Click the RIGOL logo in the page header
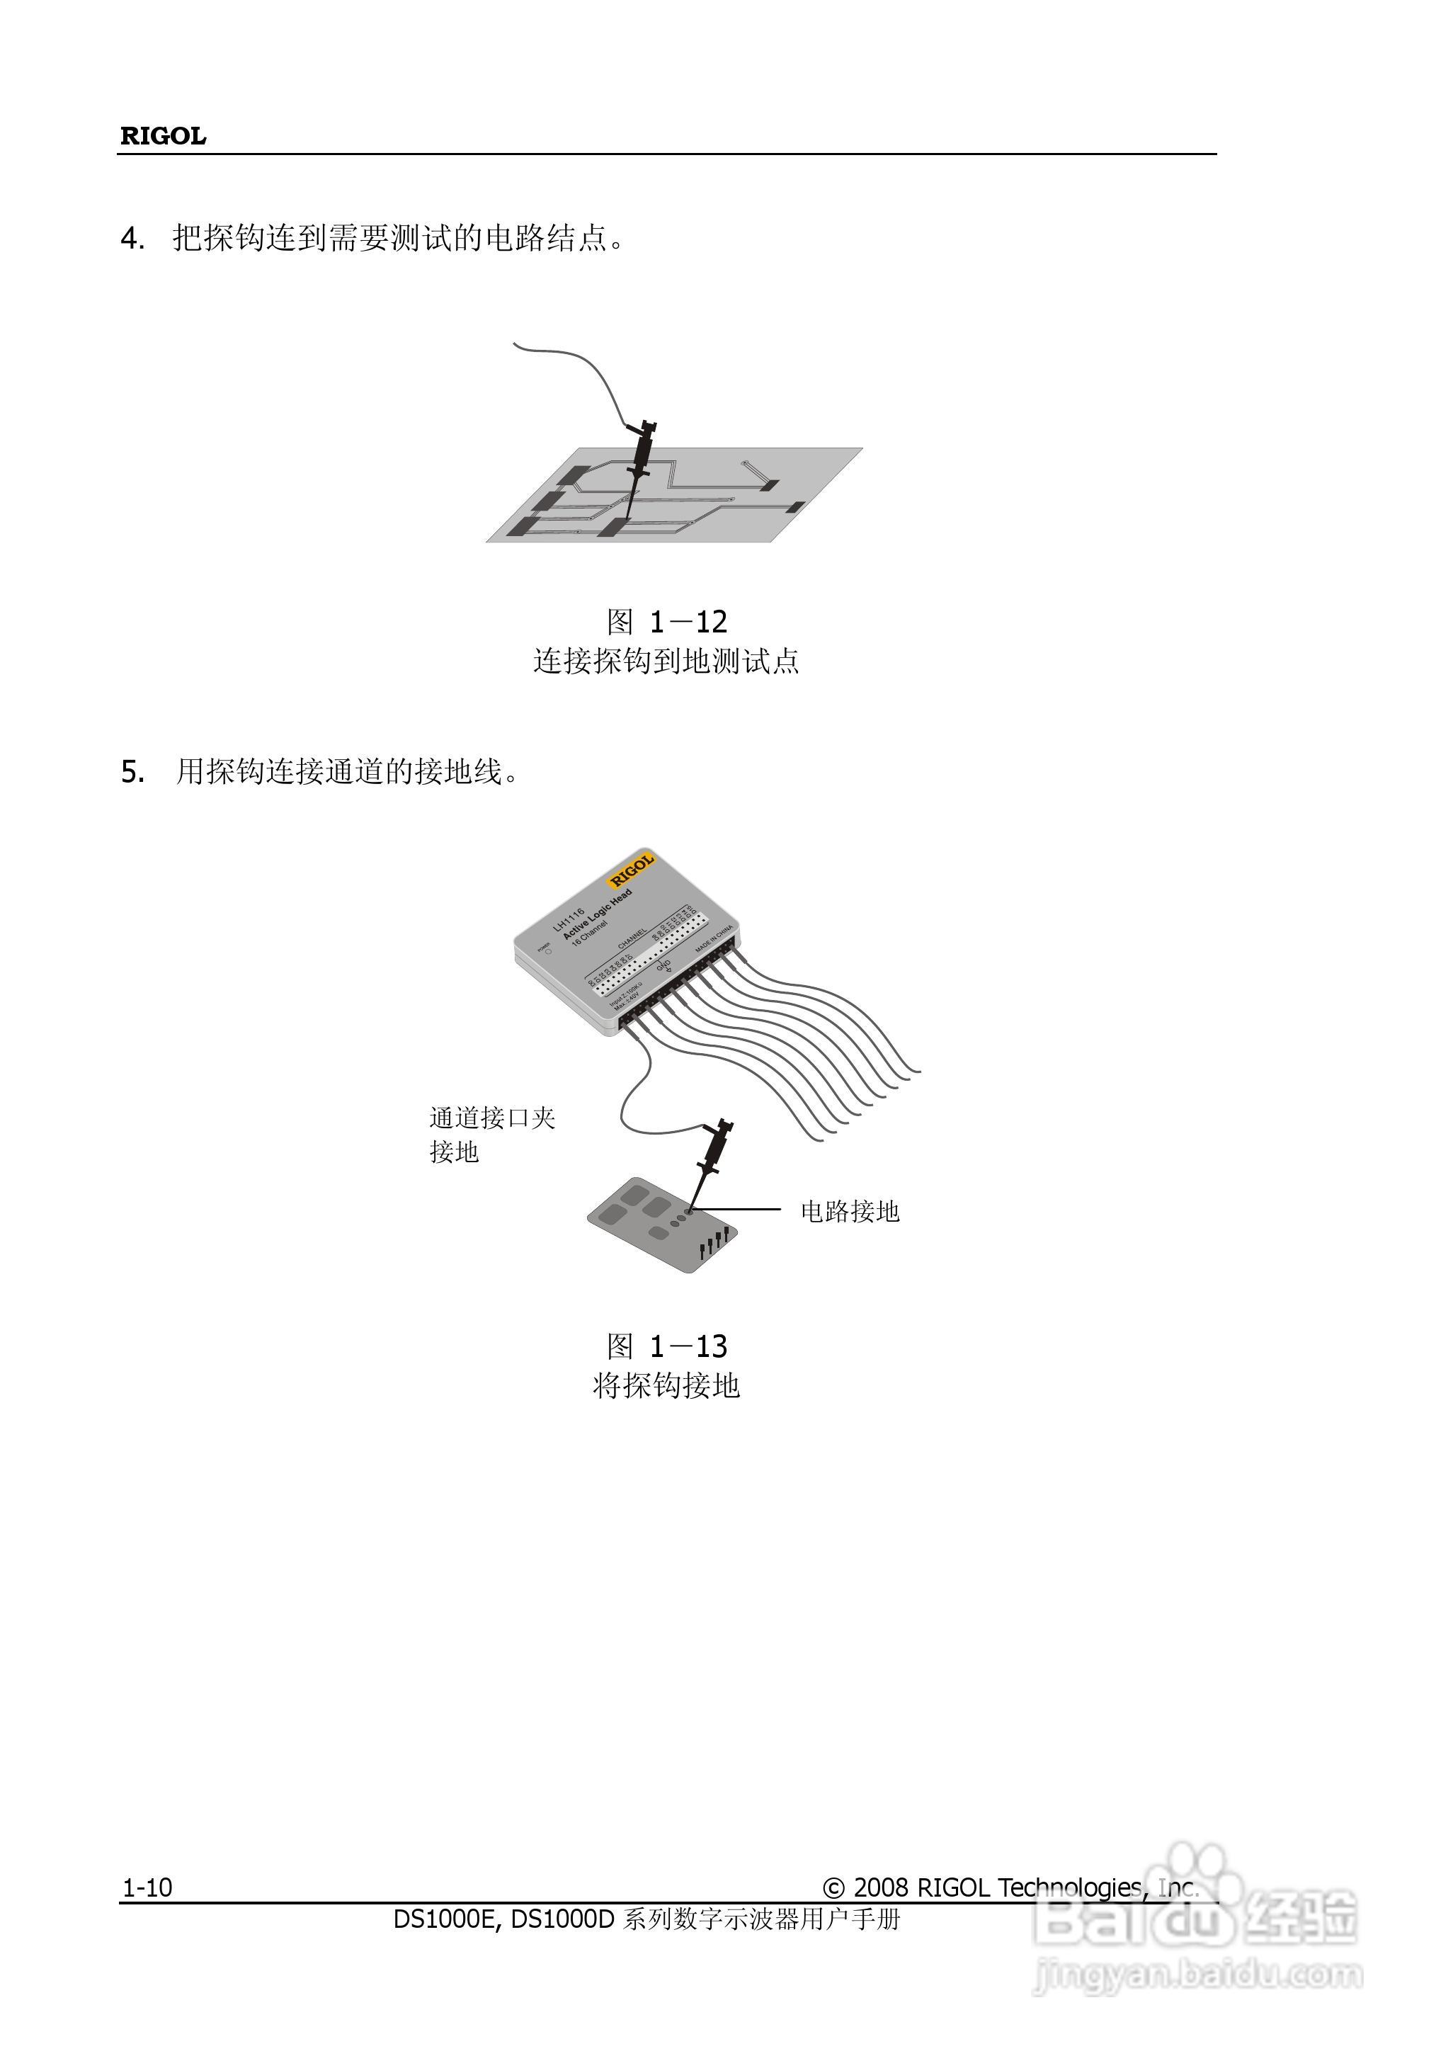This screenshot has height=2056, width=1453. tap(163, 136)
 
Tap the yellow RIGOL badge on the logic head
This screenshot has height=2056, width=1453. tap(632, 870)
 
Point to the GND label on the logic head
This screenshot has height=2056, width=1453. tap(664, 966)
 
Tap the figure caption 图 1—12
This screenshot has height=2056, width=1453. tap(667, 621)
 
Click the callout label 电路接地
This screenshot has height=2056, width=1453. tap(850, 1212)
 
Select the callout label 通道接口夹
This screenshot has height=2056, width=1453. tap(492, 1118)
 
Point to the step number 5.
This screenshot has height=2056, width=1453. tap(132, 771)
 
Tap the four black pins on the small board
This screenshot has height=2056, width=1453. tap(714, 1243)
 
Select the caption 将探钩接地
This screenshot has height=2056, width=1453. tap(667, 1386)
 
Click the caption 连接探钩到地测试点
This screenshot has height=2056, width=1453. tap(667, 661)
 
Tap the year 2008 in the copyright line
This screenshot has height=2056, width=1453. tap(881, 1887)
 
